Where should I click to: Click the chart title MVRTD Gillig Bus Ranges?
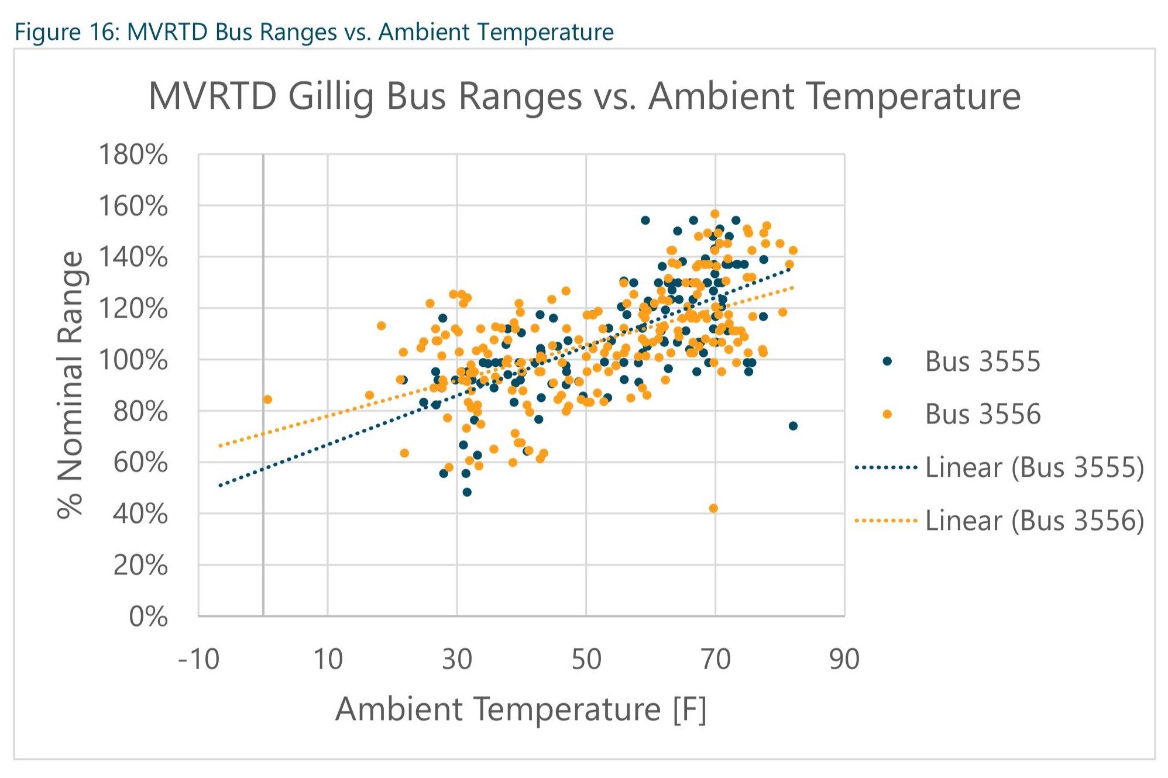tap(584, 96)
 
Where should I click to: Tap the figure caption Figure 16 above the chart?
tap(314, 32)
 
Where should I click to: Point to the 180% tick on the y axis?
tap(133, 155)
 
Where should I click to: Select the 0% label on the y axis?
tap(148, 617)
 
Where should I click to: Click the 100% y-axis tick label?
tap(133, 360)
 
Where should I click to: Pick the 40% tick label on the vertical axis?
tap(140, 514)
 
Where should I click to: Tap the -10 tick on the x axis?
tap(199, 659)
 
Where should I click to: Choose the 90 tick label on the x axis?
tap(844, 659)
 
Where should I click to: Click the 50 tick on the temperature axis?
tap(586, 659)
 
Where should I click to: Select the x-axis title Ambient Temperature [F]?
tap(521, 710)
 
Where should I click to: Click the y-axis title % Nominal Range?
tap(71, 385)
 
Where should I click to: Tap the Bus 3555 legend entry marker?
tap(887, 361)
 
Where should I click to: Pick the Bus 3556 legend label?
tap(983, 414)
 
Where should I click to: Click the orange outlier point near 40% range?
tap(713, 508)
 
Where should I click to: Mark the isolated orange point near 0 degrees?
tap(267, 400)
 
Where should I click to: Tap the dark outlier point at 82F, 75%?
tap(793, 426)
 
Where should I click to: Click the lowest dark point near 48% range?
tap(467, 492)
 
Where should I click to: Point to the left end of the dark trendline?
tap(221, 486)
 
